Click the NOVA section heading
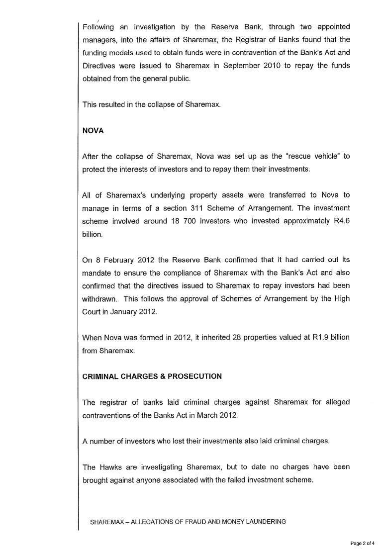click(93, 131)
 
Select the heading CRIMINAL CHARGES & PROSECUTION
click(152, 376)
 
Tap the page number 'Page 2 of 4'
click(362, 544)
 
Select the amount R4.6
click(340, 221)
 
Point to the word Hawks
click(111, 467)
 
